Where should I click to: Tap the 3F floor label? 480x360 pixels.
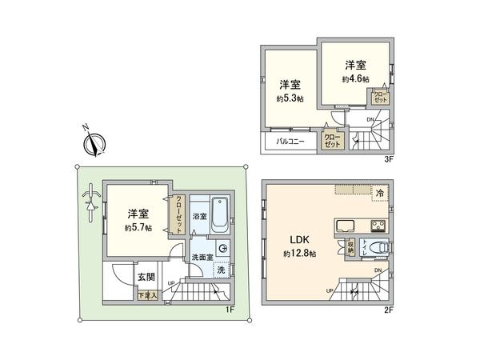[x=389, y=160]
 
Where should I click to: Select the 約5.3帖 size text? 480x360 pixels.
[x=290, y=100]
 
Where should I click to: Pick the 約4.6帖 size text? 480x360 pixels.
[x=356, y=79]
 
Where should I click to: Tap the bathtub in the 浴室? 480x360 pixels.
[x=221, y=215]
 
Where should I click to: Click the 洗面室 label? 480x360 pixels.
[x=202, y=257]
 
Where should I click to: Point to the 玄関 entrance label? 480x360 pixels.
[x=146, y=277]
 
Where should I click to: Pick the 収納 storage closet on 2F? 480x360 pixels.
[x=350, y=247]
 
